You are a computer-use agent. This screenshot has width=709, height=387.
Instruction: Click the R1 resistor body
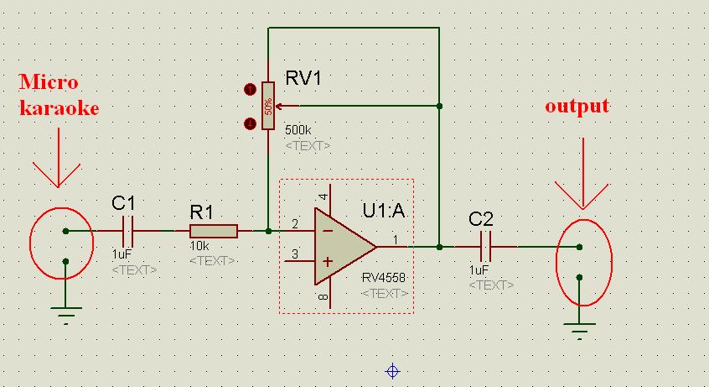coord(214,231)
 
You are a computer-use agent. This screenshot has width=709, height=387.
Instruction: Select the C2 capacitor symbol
coord(485,247)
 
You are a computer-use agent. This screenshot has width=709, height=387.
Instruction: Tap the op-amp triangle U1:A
coord(345,247)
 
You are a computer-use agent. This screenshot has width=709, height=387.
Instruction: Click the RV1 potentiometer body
coord(268,106)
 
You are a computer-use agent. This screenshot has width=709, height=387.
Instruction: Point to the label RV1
coord(303,78)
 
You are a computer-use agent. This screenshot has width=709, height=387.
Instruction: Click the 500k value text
coord(298,130)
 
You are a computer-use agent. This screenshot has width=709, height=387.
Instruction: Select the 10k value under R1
coord(199,246)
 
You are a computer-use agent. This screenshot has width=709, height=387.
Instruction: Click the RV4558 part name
coord(384,277)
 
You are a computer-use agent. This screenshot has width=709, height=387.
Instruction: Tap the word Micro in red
coord(49,82)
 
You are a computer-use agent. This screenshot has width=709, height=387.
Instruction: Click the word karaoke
coord(60,107)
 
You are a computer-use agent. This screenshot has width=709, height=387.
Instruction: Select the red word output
coord(577,106)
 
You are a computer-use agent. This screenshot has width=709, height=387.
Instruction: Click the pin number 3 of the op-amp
coord(295,254)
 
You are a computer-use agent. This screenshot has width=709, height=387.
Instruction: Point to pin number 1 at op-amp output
coord(396,240)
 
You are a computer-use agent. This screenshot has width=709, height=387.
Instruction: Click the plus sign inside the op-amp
coord(328,261)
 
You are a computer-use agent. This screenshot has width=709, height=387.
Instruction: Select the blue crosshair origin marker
coord(392,372)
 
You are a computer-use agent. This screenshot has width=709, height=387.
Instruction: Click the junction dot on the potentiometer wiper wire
coord(439,106)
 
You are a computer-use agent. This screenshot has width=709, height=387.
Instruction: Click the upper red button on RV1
coord(250,89)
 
